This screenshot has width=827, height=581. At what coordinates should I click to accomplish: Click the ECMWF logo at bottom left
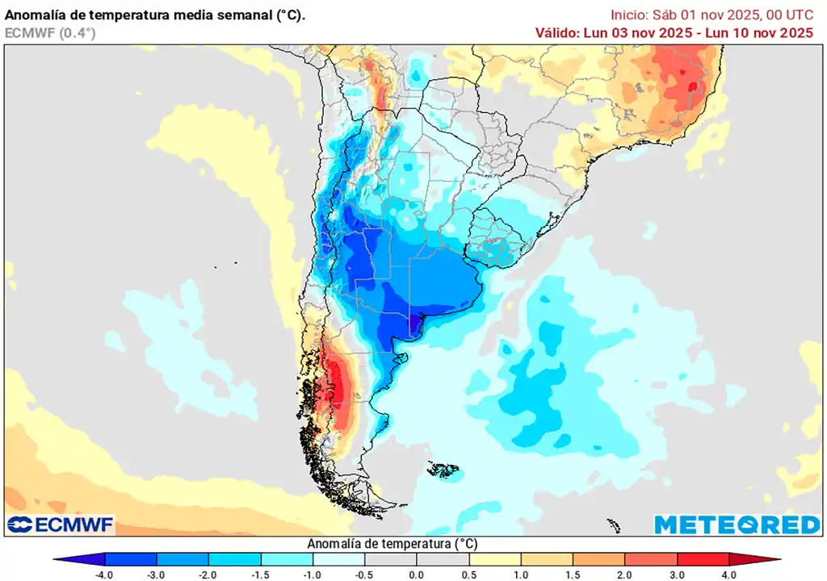pos(61,525)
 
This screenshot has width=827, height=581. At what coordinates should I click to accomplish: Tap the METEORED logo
pos(737,525)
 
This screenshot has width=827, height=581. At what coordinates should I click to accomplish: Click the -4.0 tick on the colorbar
pos(104,574)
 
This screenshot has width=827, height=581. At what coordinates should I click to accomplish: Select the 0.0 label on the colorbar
pos(417,574)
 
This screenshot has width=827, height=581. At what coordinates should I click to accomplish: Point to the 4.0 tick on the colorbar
pos(729,574)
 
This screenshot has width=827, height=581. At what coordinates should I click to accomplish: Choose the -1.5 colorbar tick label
pos(261,574)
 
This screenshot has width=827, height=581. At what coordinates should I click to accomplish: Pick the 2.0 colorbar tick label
pos(625,574)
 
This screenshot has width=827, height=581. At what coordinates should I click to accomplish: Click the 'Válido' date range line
pos(674,32)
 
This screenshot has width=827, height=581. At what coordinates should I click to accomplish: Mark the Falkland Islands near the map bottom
pos(443,469)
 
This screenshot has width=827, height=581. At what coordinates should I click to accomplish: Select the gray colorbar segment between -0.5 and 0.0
pos(391,559)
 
